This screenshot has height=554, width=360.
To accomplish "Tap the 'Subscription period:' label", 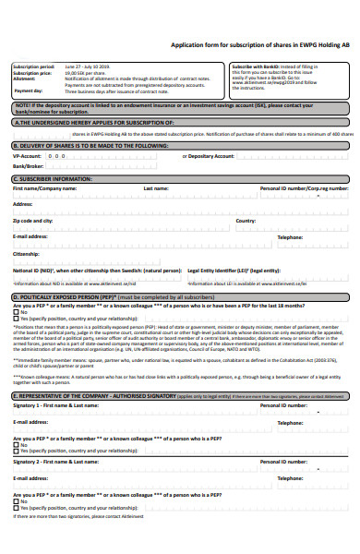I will (32, 67).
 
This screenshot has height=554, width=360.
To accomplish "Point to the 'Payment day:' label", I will (28, 91).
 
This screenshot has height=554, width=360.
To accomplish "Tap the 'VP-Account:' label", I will (28, 156).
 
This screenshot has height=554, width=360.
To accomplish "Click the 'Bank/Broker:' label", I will (29, 166).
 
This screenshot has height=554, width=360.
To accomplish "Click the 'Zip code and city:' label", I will (33, 222).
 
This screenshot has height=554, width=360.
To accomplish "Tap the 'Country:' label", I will (246, 222).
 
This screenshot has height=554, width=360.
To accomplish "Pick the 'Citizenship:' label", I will (26, 252).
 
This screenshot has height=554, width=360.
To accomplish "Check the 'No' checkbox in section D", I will (16, 312).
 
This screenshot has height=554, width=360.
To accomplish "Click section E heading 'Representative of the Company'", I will (92, 395).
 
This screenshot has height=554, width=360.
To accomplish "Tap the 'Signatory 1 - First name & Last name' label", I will (55, 404).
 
